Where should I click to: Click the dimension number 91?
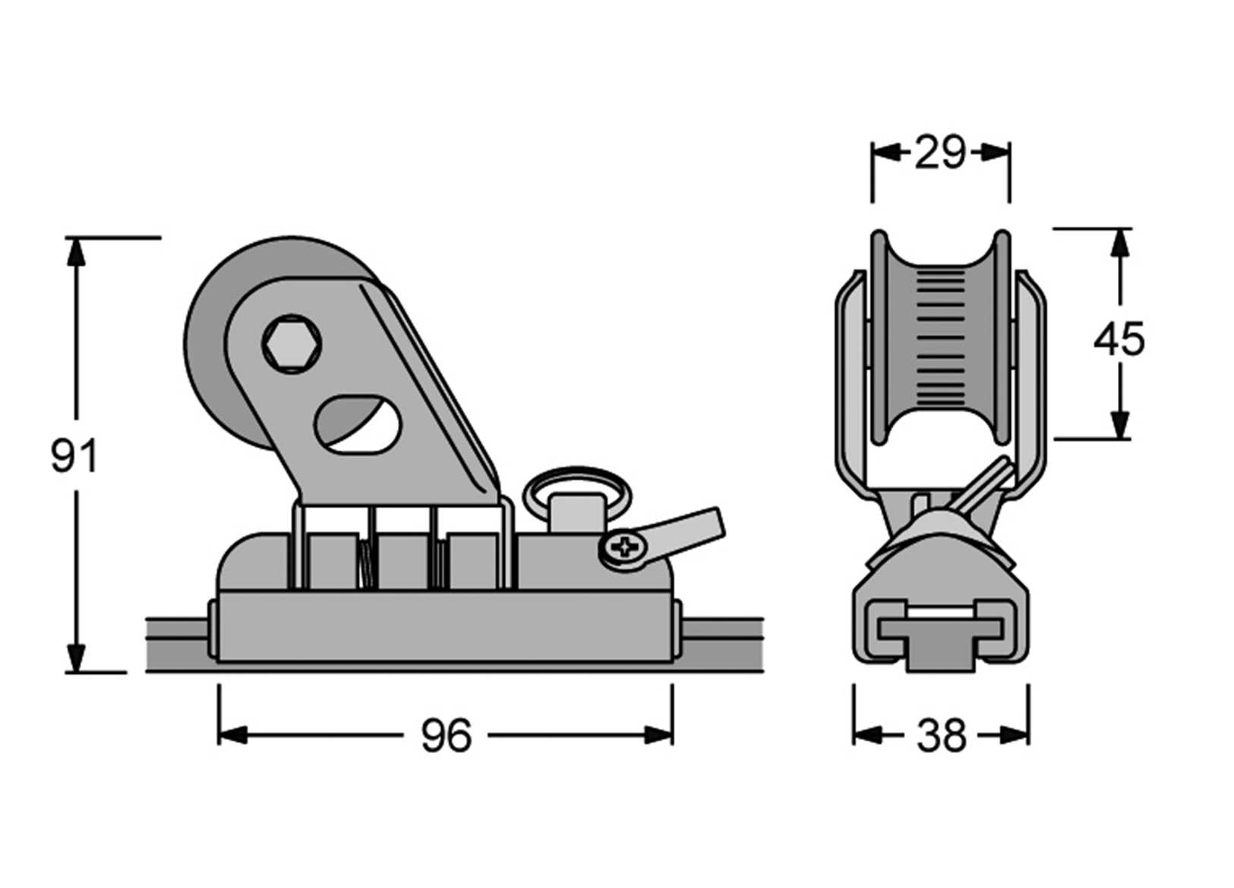(74, 456)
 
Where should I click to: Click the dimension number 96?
(446, 735)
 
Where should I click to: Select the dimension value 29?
(940, 153)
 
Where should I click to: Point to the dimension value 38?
(941, 735)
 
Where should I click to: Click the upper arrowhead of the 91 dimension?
(75, 250)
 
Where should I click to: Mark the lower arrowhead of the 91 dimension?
(75, 659)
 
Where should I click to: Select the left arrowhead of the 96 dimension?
(232, 735)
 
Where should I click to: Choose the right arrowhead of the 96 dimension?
(658, 735)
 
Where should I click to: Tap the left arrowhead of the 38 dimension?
(866, 735)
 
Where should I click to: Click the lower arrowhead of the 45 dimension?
(1119, 425)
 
